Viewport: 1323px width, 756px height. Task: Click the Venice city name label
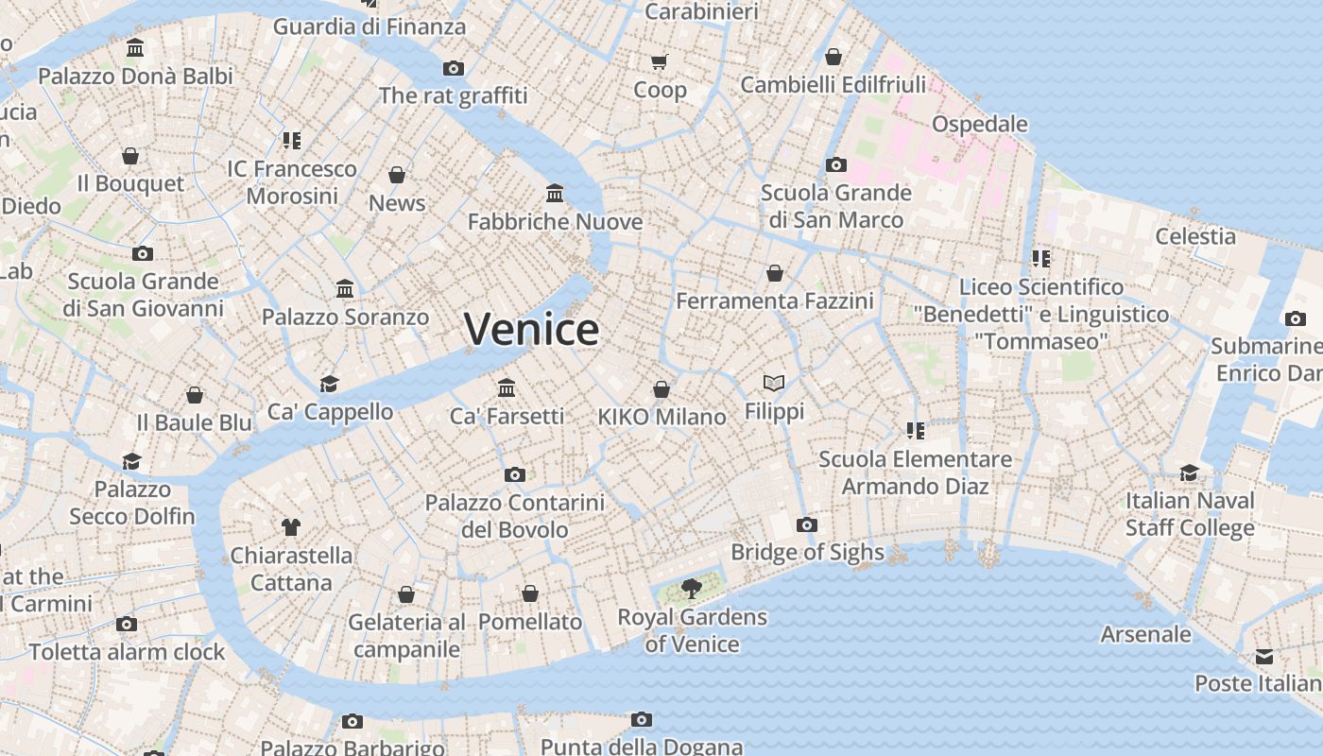click(x=531, y=329)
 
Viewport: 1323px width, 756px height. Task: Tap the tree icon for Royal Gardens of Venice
click(x=692, y=590)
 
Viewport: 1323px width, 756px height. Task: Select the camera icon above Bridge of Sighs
click(x=806, y=524)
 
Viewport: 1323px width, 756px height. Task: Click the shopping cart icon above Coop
click(x=660, y=62)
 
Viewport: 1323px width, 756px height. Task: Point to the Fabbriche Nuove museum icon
click(x=555, y=194)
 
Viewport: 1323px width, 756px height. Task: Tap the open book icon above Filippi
click(x=774, y=383)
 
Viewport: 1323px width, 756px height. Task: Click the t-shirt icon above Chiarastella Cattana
click(x=290, y=526)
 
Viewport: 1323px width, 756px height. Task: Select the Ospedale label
click(x=979, y=124)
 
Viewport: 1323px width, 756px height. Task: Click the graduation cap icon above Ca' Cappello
click(x=329, y=384)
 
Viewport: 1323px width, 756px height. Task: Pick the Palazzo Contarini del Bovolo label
click(x=514, y=516)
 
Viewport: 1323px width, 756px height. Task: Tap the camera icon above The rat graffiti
click(x=454, y=68)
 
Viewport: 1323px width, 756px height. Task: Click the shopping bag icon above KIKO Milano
click(x=661, y=389)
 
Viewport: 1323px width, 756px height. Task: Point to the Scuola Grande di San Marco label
click(x=835, y=206)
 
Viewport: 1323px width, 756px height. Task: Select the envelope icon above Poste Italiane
click(x=1263, y=657)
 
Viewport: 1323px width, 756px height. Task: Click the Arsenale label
click(x=1145, y=633)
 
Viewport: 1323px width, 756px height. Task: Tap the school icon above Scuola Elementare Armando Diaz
click(x=915, y=431)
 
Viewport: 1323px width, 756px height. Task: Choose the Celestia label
click(x=1195, y=236)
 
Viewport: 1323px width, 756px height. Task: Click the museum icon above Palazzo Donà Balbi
click(x=135, y=48)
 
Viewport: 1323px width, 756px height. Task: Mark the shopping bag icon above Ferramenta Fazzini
click(x=775, y=273)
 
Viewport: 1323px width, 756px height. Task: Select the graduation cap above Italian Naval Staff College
click(x=1189, y=472)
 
